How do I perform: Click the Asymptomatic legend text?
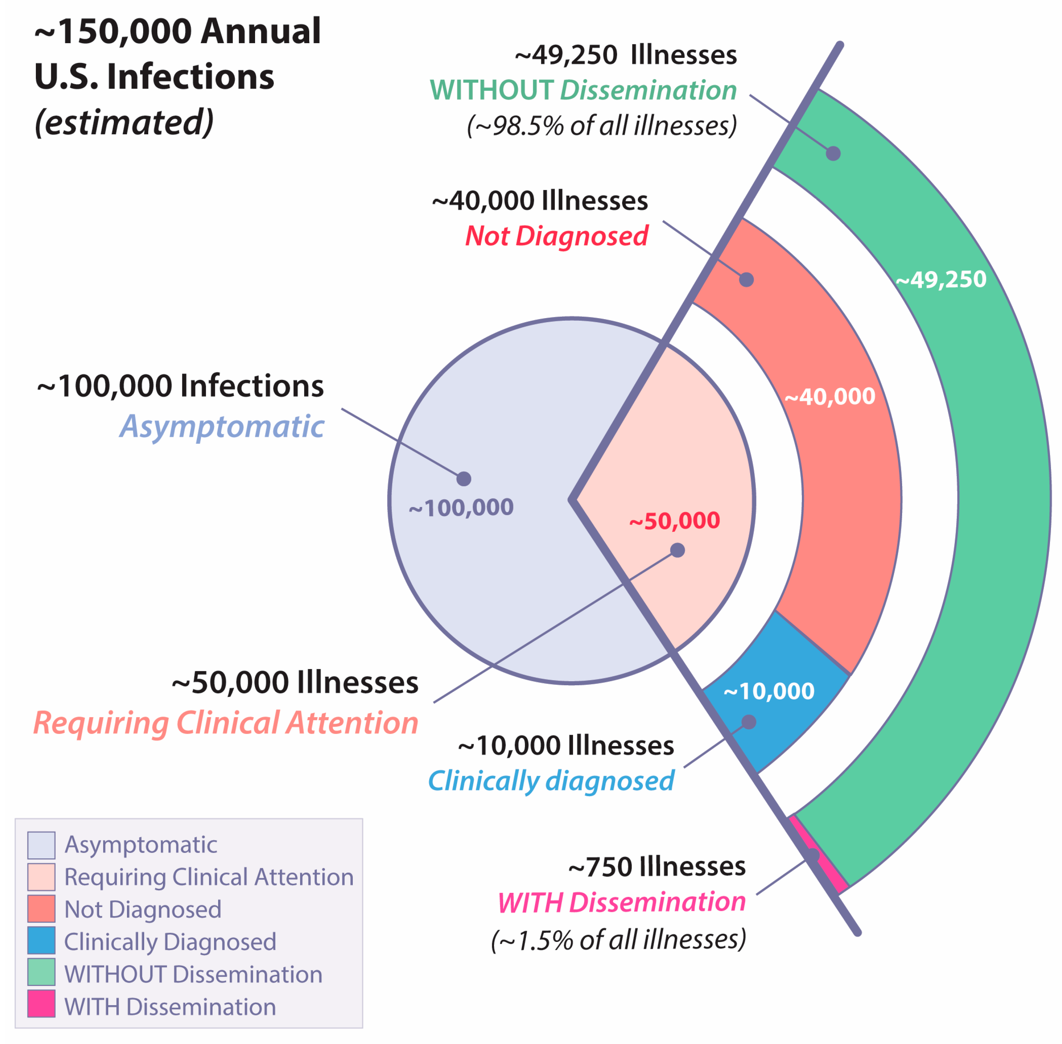[x=141, y=845]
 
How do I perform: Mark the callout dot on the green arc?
[x=833, y=153]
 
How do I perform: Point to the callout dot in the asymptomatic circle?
[x=464, y=479]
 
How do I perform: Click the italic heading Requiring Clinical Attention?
[x=226, y=723]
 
